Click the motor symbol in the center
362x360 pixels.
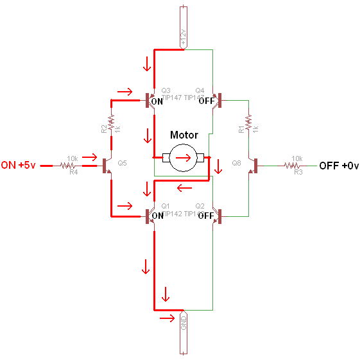[x=184, y=157]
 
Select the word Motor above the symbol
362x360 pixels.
[x=184, y=135]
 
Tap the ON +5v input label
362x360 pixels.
[x=19, y=165]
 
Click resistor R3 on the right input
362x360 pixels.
[x=297, y=166]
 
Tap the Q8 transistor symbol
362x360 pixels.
[x=254, y=166]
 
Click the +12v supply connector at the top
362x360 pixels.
[x=184, y=26]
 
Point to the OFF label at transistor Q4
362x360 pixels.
[x=206, y=101]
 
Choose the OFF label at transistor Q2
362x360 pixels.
[x=206, y=216]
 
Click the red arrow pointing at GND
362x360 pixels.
[x=166, y=318]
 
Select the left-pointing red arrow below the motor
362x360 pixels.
[x=184, y=188]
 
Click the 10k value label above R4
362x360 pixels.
[x=73, y=158]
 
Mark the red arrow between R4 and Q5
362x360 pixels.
[x=91, y=157]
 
